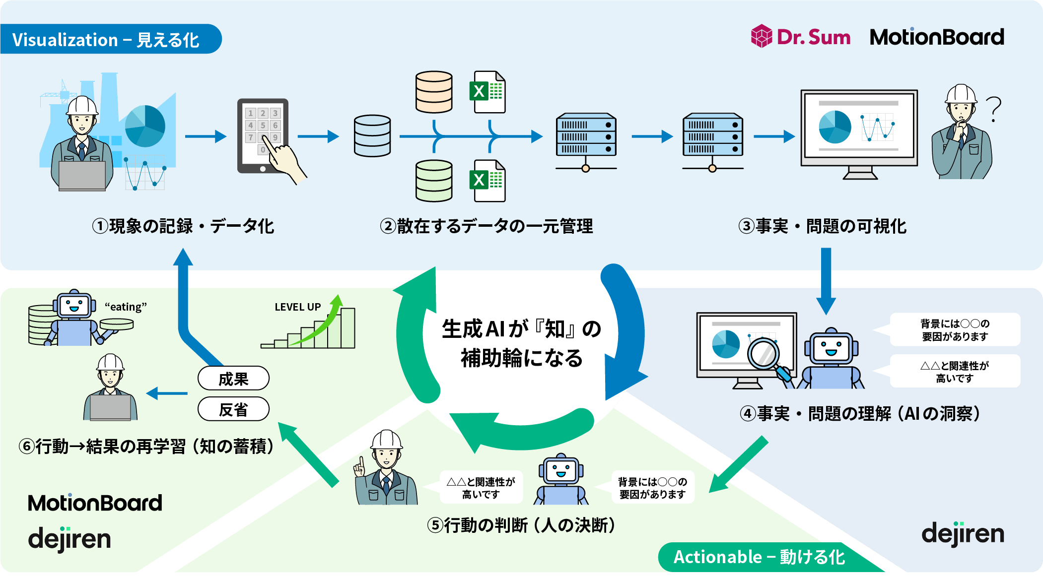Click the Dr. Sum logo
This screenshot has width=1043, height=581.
pos(801,37)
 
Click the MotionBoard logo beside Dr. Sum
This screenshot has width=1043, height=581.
pos(937,37)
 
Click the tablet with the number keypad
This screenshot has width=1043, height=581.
pos(263,135)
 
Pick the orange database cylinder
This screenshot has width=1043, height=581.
pos(434,92)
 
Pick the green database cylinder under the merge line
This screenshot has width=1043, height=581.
pos(434,181)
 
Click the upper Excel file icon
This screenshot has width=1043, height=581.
pos(487,92)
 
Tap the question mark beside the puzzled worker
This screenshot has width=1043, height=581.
pos(993,109)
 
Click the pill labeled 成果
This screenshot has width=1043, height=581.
pos(233,379)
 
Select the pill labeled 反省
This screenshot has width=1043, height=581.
pos(233,409)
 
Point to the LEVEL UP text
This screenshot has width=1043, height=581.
pos(297,307)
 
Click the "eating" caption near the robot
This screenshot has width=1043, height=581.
pos(126,307)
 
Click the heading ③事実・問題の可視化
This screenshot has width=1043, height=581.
pos(822,226)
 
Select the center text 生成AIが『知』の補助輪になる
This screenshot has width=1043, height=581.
pos(521,343)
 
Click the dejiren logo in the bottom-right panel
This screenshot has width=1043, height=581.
pos(963,534)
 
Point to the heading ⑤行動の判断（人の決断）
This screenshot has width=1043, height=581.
pos(521,524)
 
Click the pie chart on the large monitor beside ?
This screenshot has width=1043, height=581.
pos(835,127)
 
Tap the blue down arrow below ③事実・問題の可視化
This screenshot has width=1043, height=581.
pos(826,280)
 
